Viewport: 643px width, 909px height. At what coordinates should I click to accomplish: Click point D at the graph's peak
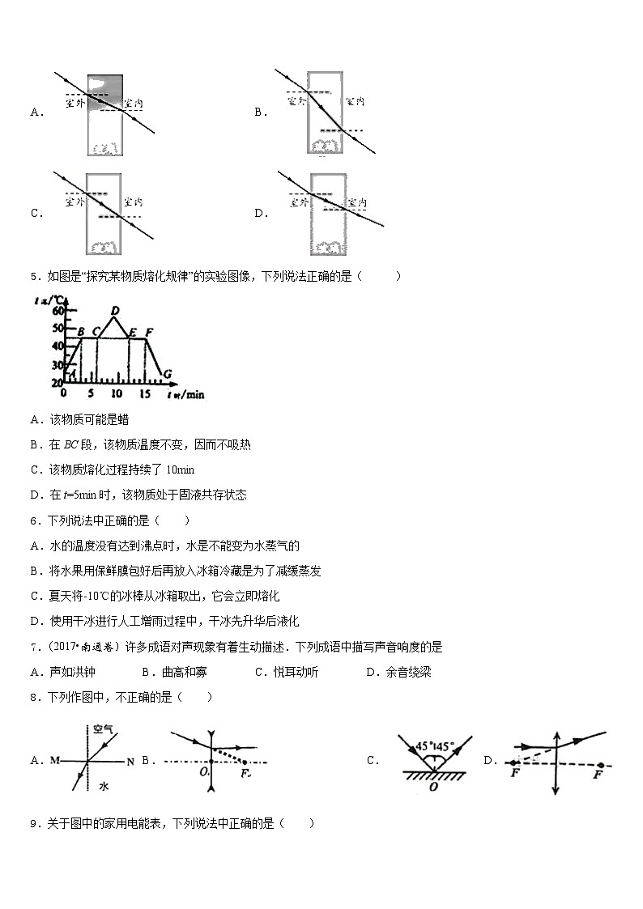pos(115,311)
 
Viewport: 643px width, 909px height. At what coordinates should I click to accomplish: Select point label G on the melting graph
pos(167,373)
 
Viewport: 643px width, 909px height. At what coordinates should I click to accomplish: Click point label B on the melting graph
pos(80,331)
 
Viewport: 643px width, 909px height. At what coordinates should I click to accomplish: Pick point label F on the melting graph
pos(148,331)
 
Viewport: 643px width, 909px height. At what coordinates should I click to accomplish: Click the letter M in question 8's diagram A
pos(54,761)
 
